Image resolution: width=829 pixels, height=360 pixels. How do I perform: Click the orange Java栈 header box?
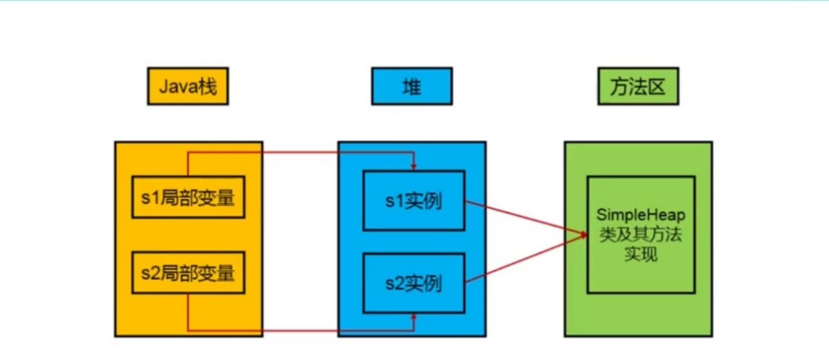tap(188, 87)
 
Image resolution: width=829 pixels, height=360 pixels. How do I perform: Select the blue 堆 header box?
tap(412, 87)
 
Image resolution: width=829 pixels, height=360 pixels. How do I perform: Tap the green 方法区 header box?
tap(638, 87)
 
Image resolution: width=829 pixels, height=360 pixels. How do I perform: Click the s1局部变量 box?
tap(188, 197)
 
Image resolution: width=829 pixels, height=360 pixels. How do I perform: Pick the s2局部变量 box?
tap(188, 273)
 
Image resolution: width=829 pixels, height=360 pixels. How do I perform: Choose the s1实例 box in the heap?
tap(413, 201)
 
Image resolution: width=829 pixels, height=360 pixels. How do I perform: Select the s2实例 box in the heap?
tap(413, 283)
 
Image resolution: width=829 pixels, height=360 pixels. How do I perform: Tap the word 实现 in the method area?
tap(640, 255)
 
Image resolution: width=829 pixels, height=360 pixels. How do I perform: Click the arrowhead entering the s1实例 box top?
tap(414, 167)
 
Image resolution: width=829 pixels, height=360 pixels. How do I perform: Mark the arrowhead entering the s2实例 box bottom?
tap(414, 318)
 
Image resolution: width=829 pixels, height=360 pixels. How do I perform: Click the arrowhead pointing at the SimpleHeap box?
tap(583, 235)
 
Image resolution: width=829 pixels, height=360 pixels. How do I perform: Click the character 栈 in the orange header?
tap(207, 87)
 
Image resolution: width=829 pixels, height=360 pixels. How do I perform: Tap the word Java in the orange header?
tap(178, 87)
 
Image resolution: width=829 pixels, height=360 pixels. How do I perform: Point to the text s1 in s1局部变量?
tap(149, 197)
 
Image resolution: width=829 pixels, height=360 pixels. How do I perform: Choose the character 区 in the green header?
tap(656, 87)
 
